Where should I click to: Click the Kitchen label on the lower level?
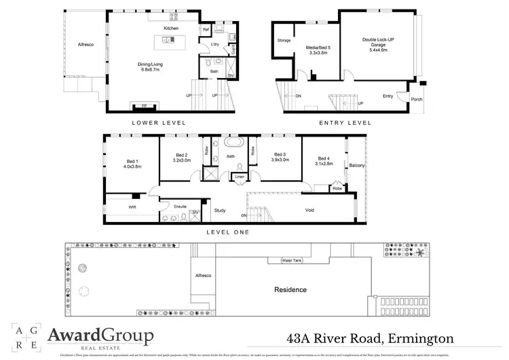[x=171, y=29]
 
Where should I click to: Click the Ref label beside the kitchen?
[x=206, y=30]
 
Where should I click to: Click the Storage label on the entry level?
[x=284, y=41]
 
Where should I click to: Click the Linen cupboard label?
[x=240, y=177]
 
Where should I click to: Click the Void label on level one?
[x=309, y=211]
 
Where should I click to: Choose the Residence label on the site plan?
[x=290, y=289]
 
